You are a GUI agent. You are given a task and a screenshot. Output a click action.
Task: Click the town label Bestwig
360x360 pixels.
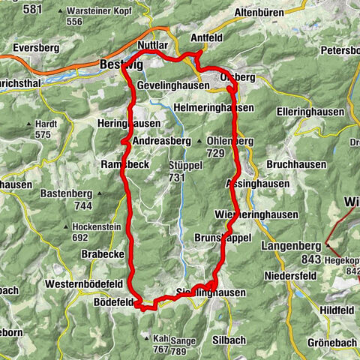click(115, 66)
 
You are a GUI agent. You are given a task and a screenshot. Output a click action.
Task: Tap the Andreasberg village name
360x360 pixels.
click(161, 141)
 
